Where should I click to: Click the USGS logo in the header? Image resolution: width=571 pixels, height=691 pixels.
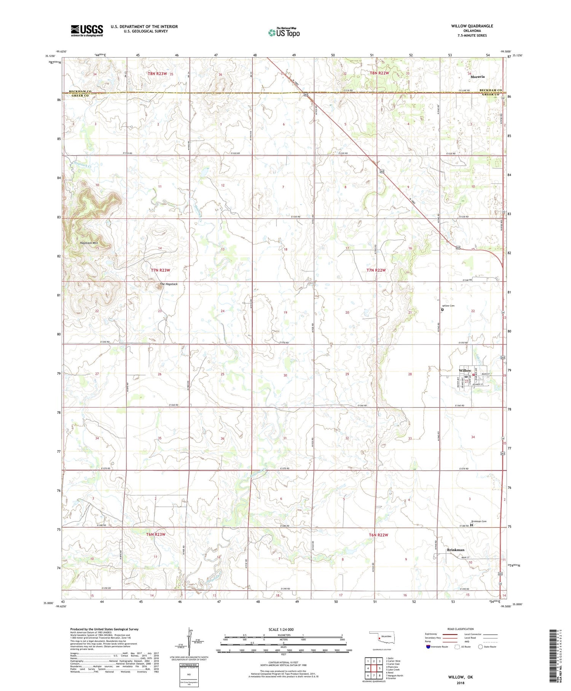click(87, 30)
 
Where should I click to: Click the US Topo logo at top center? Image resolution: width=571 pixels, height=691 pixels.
click(284, 32)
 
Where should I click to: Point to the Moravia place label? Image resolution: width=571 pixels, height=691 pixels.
click(477, 77)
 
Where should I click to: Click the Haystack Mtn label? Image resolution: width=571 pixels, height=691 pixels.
click(89, 243)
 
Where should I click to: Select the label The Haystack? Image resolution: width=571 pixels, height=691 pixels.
click(168, 284)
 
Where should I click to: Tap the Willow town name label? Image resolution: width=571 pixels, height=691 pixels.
click(465, 370)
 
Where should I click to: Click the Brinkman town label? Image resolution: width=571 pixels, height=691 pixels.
click(455, 550)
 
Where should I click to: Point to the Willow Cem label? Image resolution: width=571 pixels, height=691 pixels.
click(448, 306)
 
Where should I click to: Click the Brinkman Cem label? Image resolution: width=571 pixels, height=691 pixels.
click(478, 521)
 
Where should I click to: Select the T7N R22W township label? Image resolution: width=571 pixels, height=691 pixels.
click(376, 270)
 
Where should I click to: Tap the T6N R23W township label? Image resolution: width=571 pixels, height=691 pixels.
click(156, 534)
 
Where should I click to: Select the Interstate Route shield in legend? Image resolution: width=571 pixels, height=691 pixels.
click(428, 647)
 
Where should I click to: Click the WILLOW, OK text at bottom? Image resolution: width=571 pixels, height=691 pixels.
click(460, 677)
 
